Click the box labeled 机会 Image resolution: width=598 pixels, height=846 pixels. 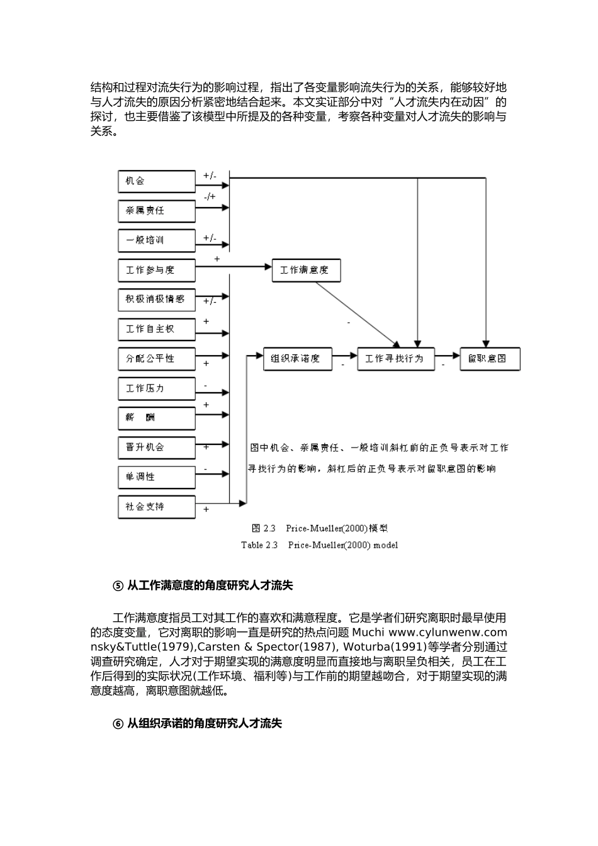point(157,181)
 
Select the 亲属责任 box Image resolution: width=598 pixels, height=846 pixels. point(157,211)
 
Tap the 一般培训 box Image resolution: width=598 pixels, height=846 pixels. point(157,240)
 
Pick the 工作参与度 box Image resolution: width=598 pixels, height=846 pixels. point(157,270)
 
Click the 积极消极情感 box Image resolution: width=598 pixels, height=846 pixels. point(157,300)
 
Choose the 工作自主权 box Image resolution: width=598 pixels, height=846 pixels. point(157,329)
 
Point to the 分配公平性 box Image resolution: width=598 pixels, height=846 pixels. point(157,359)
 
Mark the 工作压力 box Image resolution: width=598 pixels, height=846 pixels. point(157,388)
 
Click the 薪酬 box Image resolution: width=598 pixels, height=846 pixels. point(157,418)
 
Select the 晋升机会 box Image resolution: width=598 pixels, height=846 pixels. point(157,448)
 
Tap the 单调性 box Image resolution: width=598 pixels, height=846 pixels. point(157,477)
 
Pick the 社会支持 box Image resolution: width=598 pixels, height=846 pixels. point(157,507)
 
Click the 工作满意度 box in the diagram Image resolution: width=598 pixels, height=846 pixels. point(306,270)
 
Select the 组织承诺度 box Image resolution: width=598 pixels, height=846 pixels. point(297,359)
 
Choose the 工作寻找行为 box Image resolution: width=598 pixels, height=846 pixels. point(395,359)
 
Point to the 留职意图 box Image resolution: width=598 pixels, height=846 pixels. point(490,359)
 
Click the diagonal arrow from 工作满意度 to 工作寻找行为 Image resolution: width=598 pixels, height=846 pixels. point(357,314)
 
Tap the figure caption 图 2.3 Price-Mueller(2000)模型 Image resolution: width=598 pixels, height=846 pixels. point(319,529)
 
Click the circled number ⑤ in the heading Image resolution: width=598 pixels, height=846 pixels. point(118,586)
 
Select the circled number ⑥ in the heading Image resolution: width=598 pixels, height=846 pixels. point(118,724)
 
